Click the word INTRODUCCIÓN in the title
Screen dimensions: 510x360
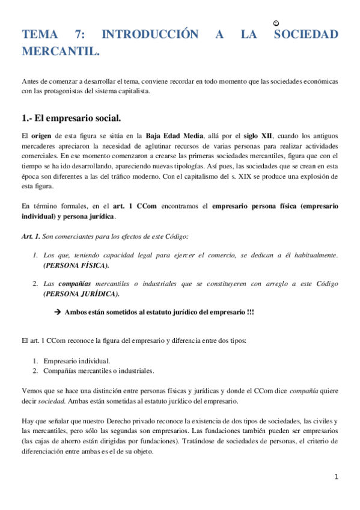tap(150, 34)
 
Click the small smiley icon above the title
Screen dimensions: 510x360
tap(275, 23)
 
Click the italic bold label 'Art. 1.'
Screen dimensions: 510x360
tap(31, 236)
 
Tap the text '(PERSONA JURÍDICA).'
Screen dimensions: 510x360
tap(81, 293)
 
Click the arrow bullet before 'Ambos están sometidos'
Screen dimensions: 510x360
tap(58, 312)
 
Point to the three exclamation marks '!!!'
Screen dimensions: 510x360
tap(248, 312)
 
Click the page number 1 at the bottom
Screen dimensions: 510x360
tap(337, 477)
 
